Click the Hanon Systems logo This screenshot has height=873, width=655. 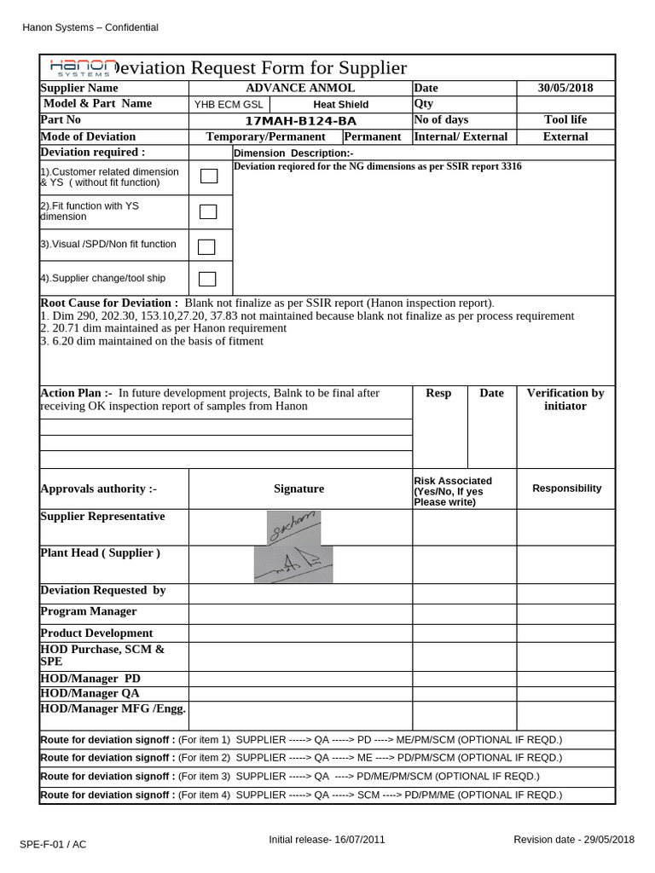pyautogui.click(x=84, y=68)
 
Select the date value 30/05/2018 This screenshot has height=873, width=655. pyautogui.click(x=565, y=88)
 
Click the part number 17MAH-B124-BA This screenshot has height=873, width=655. pyautogui.click(x=300, y=120)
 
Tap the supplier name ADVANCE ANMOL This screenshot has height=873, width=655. pyautogui.click(x=300, y=88)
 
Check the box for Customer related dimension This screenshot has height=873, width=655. pyautogui.click(x=209, y=176)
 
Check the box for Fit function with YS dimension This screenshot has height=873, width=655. pyautogui.click(x=208, y=211)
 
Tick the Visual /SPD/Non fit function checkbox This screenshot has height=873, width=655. pyautogui.click(x=206, y=246)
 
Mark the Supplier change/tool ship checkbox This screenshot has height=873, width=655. pyautogui.click(x=207, y=278)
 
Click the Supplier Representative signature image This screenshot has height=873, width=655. pyautogui.click(x=293, y=527)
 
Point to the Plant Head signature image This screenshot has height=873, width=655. pyautogui.click(x=293, y=564)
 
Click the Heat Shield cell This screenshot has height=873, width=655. pyautogui.click(x=340, y=104)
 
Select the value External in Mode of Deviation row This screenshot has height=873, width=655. pyautogui.click(x=565, y=136)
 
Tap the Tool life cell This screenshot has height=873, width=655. pyautogui.click(x=565, y=120)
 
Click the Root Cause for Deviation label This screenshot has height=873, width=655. pyautogui.click(x=109, y=303)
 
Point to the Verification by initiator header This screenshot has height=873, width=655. pyautogui.click(x=565, y=399)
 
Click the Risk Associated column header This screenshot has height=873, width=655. pyautogui.click(x=453, y=491)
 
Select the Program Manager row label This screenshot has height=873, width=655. pyautogui.click(x=89, y=611)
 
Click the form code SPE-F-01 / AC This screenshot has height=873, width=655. pyautogui.click(x=53, y=844)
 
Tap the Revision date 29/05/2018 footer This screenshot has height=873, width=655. pyautogui.click(x=574, y=840)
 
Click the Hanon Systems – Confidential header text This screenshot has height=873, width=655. pyautogui.click(x=90, y=27)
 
